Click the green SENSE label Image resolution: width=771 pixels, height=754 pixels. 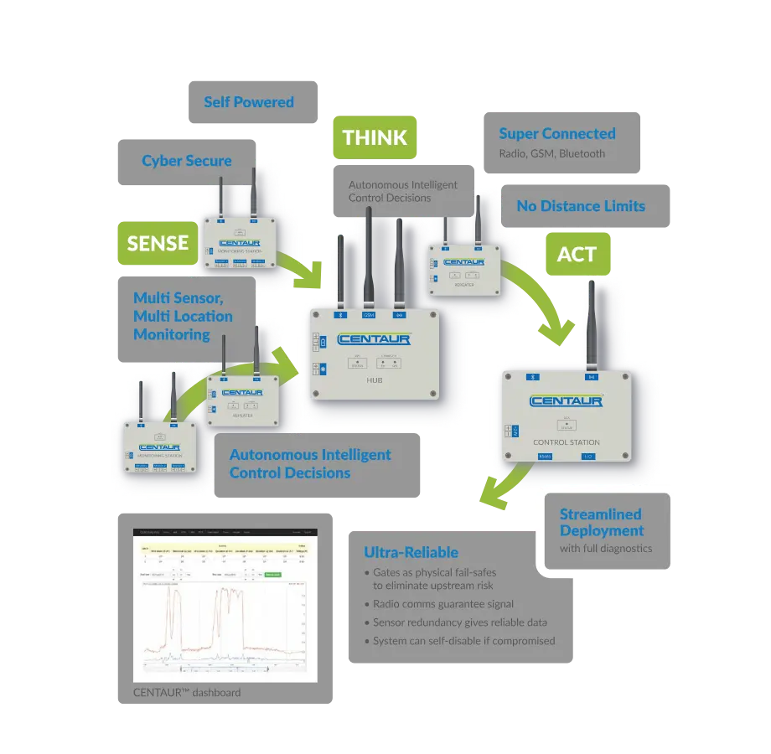(x=158, y=243)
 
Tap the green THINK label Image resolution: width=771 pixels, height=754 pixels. (x=375, y=137)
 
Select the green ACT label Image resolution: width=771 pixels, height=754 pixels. (x=577, y=255)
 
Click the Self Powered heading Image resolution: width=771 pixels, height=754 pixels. (x=249, y=102)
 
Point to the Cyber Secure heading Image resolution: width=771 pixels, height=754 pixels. (x=187, y=161)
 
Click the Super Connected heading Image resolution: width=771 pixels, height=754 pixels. (x=557, y=133)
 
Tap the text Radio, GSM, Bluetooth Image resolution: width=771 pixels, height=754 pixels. (x=551, y=153)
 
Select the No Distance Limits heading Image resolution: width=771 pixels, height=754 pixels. (x=581, y=205)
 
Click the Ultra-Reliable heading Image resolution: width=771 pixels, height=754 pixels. (x=411, y=552)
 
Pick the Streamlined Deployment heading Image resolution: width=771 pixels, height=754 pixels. (x=601, y=522)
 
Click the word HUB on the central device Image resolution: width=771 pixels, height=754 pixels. (x=374, y=380)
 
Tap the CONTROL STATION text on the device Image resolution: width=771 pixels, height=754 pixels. (x=567, y=442)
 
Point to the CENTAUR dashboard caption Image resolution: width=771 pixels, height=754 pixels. (x=187, y=692)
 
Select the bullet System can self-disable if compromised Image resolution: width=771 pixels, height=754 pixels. (x=463, y=641)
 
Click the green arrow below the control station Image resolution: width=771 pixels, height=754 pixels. (x=502, y=491)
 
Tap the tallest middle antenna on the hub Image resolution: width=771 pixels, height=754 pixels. (x=368, y=256)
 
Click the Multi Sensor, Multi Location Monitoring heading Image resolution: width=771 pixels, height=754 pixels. (x=183, y=316)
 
